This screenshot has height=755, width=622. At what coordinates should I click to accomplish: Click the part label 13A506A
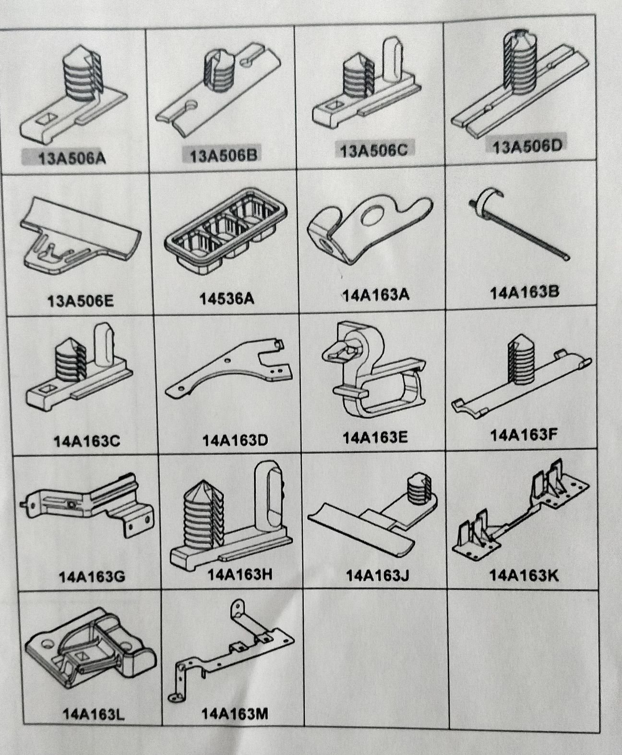(72, 158)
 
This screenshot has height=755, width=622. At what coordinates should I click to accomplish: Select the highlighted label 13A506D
(528, 146)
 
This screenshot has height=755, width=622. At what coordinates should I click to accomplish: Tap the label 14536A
(227, 299)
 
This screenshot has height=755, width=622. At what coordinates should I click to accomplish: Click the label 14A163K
(524, 575)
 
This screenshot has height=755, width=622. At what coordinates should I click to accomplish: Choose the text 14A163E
(375, 438)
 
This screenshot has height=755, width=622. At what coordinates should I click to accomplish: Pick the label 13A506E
(81, 301)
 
